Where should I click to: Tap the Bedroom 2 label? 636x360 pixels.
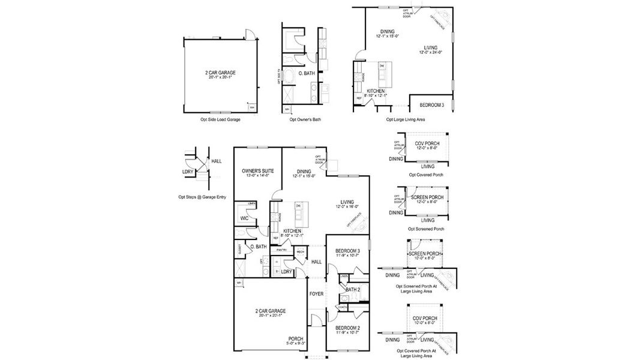pos(347,328)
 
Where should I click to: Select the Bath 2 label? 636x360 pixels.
pos(353,290)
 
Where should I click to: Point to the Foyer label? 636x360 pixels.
pos(316,294)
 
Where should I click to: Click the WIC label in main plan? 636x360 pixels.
pos(245,218)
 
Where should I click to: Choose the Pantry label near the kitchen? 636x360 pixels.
pos(281,250)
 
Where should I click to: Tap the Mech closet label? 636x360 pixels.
pos(299,252)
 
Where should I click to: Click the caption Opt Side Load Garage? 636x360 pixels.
pos(221,119)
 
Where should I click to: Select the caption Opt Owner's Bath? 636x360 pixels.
pos(305,119)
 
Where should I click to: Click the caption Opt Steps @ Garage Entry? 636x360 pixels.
pos(202,196)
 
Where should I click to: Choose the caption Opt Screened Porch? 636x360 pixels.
pos(426,229)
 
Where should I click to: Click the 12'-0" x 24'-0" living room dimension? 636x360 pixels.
pos(430,52)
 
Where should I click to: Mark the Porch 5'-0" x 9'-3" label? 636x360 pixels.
pos(295,341)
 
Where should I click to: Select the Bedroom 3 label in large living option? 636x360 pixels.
pos(432,105)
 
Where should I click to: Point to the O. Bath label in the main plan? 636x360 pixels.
pos(259,247)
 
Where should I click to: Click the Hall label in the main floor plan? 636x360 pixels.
pos(316,262)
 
